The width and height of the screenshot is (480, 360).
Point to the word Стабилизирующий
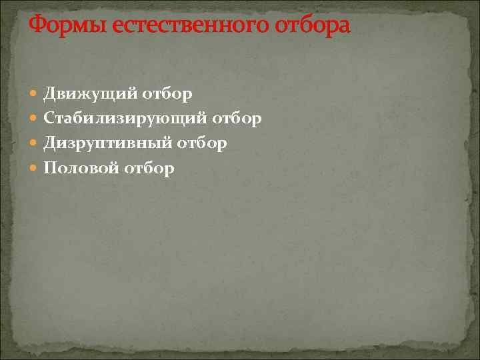125,119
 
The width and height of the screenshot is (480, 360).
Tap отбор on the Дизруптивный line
202,143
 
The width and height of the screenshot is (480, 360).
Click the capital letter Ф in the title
37,26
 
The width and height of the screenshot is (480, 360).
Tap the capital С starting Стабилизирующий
49,119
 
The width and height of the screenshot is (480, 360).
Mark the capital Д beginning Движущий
50,94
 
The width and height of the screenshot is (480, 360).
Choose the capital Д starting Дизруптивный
50,143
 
